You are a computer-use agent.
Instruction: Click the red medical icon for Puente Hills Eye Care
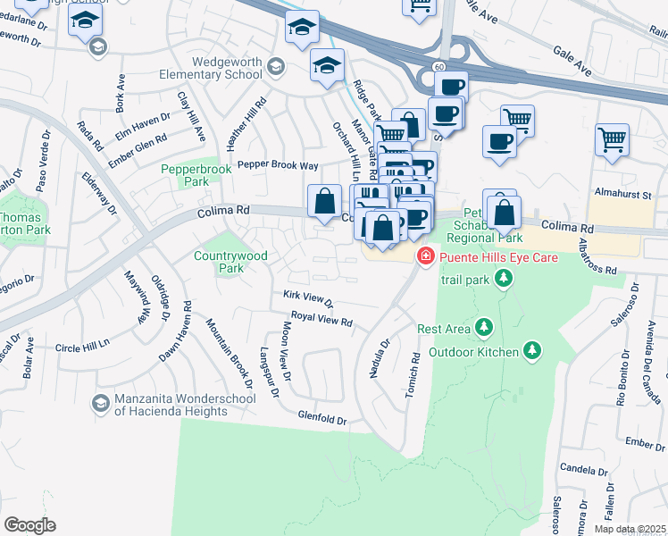click(x=427, y=257)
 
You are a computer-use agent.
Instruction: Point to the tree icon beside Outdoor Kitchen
click(x=532, y=349)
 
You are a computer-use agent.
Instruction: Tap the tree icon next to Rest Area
click(x=484, y=328)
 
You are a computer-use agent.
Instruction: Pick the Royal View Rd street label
click(x=322, y=318)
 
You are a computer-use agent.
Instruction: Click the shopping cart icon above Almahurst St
click(x=612, y=138)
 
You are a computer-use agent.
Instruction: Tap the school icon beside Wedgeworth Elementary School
click(x=276, y=66)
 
